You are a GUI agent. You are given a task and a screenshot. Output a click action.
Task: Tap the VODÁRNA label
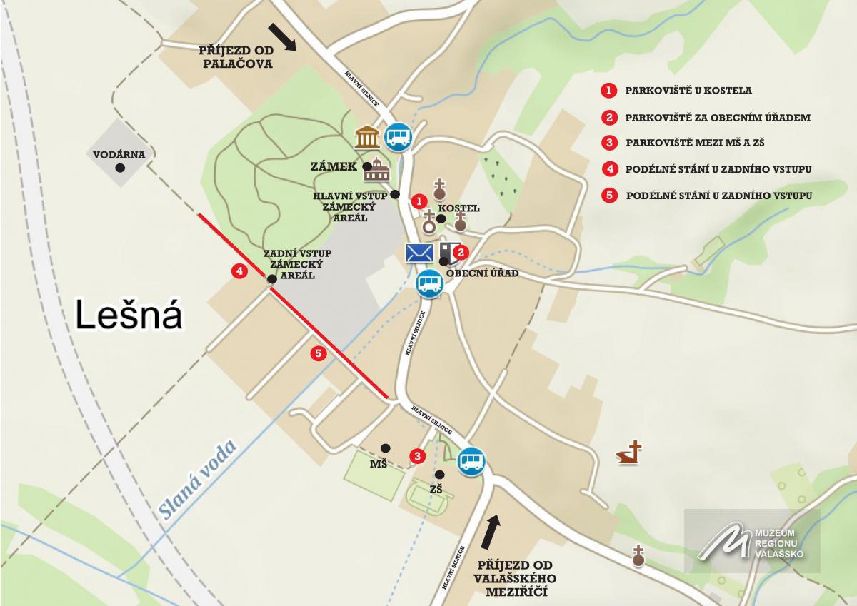click(119, 154)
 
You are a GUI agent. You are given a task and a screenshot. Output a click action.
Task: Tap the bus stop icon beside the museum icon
click(398, 135)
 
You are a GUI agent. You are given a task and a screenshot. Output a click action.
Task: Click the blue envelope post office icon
click(419, 253)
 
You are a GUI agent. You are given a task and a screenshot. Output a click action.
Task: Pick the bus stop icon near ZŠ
click(471, 460)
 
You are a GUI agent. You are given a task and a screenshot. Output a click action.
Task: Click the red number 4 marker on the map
click(239, 271)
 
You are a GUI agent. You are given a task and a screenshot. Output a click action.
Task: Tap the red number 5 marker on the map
click(319, 353)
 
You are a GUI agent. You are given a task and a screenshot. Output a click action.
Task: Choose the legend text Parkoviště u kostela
click(688, 91)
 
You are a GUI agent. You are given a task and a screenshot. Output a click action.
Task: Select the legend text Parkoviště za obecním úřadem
click(717, 117)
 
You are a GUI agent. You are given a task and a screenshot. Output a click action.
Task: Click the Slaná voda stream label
click(196, 478)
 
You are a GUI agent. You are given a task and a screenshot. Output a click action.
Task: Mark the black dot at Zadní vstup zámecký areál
click(272, 279)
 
